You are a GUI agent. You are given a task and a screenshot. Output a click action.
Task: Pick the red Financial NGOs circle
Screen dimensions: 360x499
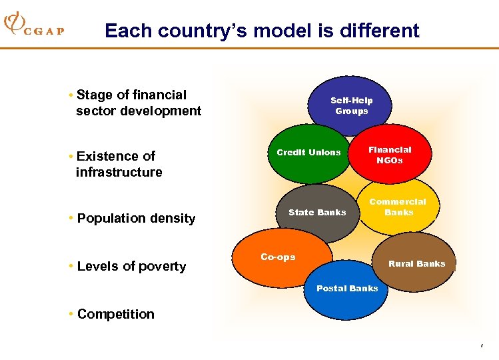390,155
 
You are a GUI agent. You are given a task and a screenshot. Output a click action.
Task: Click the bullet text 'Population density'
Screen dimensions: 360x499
136,218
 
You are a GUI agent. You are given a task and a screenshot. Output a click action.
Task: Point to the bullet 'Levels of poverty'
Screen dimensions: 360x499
131,266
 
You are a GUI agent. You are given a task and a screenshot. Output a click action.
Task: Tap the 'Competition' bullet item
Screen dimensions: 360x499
115,314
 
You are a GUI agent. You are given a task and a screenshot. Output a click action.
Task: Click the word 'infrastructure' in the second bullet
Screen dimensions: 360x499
119,172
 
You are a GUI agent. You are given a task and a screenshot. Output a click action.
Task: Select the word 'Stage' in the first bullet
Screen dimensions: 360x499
94,95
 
